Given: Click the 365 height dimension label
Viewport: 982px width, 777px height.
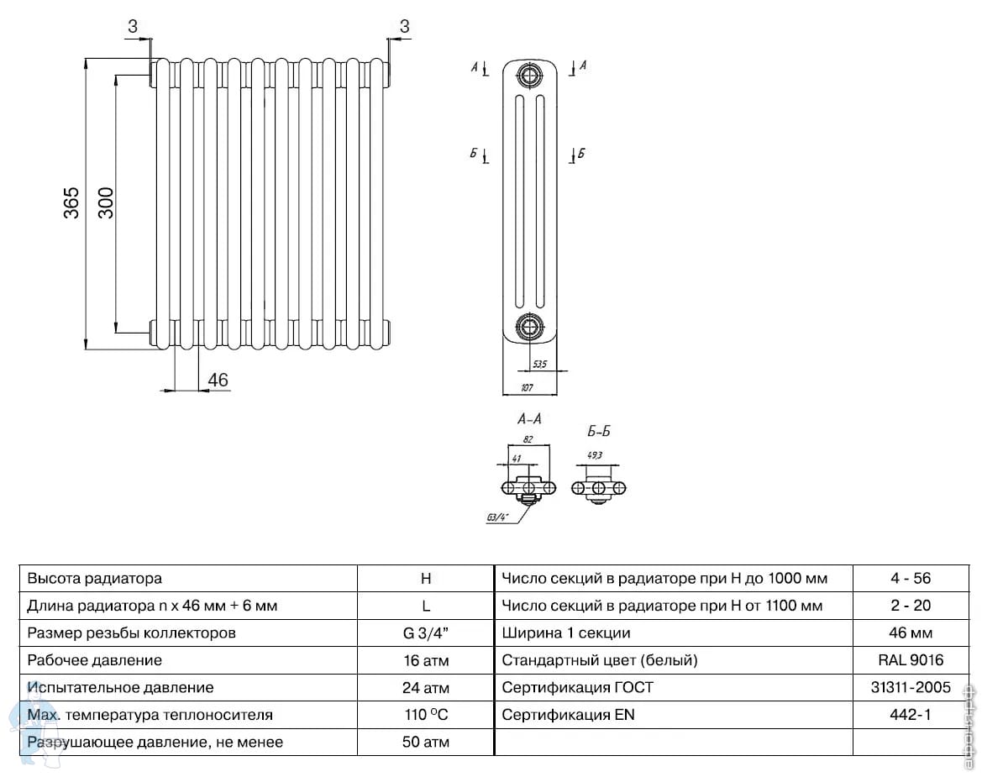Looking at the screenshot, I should [72, 202].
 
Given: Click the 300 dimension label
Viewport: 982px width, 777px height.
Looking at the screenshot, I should [106, 202].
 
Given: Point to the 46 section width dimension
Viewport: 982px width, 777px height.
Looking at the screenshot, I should [218, 380].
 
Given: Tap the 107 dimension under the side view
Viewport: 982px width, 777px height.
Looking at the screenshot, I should [527, 388].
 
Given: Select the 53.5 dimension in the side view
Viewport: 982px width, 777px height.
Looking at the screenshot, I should [539, 364].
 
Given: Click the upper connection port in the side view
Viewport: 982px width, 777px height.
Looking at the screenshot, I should [529, 77].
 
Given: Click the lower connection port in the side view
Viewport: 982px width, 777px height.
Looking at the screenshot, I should [529, 326].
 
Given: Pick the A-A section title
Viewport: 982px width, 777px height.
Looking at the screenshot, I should [529, 418].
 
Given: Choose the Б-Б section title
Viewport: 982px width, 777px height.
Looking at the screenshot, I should [598, 432].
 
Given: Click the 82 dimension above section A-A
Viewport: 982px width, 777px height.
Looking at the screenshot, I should [528, 438].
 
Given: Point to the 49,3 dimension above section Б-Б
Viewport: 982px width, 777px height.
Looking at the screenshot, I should [594, 455].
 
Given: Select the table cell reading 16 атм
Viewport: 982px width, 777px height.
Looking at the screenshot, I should [426, 660].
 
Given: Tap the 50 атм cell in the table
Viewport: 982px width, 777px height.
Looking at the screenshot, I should [426, 742].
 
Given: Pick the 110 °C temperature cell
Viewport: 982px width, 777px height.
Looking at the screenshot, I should [426, 715].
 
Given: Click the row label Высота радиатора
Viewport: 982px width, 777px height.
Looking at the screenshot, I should [94, 579].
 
